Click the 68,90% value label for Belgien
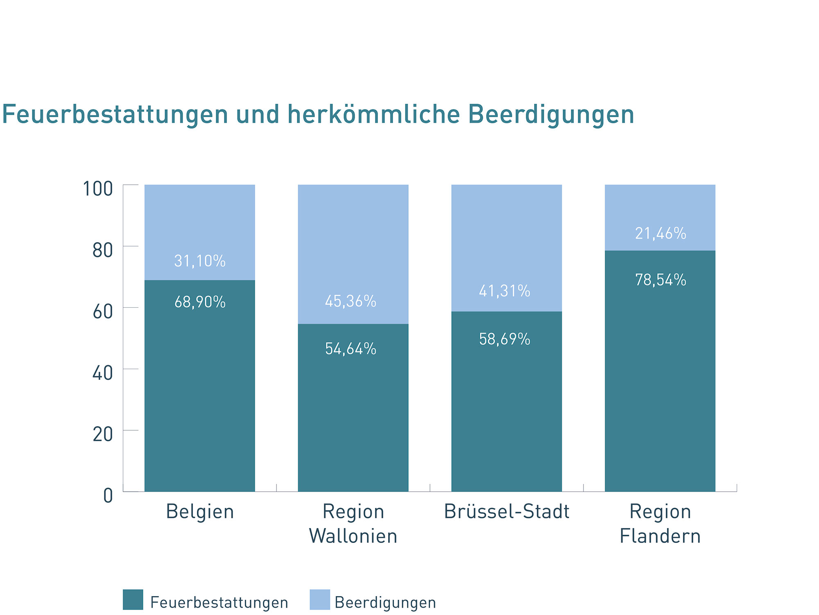(200, 302)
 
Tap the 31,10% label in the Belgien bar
(200, 261)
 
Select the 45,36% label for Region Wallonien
(351, 301)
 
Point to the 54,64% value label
(351, 349)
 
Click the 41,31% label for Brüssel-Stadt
(505, 291)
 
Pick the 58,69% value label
(505, 339)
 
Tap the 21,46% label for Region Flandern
(661, 233)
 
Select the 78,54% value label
(661, 280)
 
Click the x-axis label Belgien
(200, 512)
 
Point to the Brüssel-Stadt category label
(507, 512)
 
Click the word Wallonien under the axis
(353, 536)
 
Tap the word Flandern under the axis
(660, 536)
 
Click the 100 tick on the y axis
(98, 189)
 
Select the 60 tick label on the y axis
(102, 312)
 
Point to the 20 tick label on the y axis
(102, 434)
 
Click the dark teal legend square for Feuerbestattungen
(133, 599)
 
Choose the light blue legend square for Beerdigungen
(320, 599)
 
